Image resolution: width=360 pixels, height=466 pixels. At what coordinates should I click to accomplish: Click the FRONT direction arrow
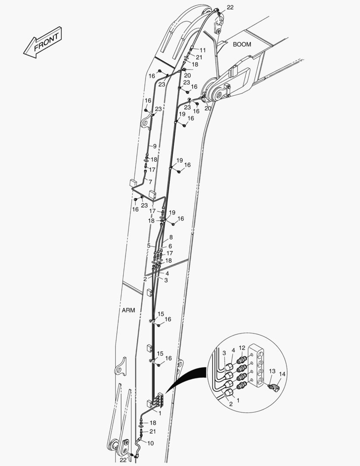(x=43, y=42)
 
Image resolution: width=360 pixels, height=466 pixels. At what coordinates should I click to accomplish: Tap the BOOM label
(x=242, y=44)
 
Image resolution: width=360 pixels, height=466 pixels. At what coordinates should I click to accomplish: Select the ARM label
(x=128, y=310)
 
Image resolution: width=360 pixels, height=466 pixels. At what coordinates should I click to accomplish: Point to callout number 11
(x=203, y=50)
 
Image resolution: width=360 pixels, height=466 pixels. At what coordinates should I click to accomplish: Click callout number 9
(x=154, y=146)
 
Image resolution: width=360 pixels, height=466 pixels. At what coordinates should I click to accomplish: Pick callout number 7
(x=150, y=182)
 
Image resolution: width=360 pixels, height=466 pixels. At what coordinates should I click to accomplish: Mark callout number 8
(x=171, y=237)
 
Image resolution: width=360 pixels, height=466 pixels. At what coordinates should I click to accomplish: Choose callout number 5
(x=149, y=246)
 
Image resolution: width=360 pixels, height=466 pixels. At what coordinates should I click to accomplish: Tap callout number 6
(x=170, y=246)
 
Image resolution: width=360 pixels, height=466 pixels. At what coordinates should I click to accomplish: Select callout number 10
(x=150, y=444)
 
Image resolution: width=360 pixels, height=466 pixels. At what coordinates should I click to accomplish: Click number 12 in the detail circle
(x=242, y=348)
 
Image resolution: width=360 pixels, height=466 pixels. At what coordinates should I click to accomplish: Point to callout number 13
(x=272, y=371)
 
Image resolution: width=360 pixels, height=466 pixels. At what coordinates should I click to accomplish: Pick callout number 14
(x=282, y=374)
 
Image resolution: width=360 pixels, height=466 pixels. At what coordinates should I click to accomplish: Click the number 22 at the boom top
(x=230, y=7)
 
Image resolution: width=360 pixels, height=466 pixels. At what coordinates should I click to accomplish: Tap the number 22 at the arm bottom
(x=123, y=460)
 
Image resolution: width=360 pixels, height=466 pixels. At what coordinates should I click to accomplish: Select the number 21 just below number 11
(x=199, y=57)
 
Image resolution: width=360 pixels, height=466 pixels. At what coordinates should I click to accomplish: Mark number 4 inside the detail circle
(x=233, y=351)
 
